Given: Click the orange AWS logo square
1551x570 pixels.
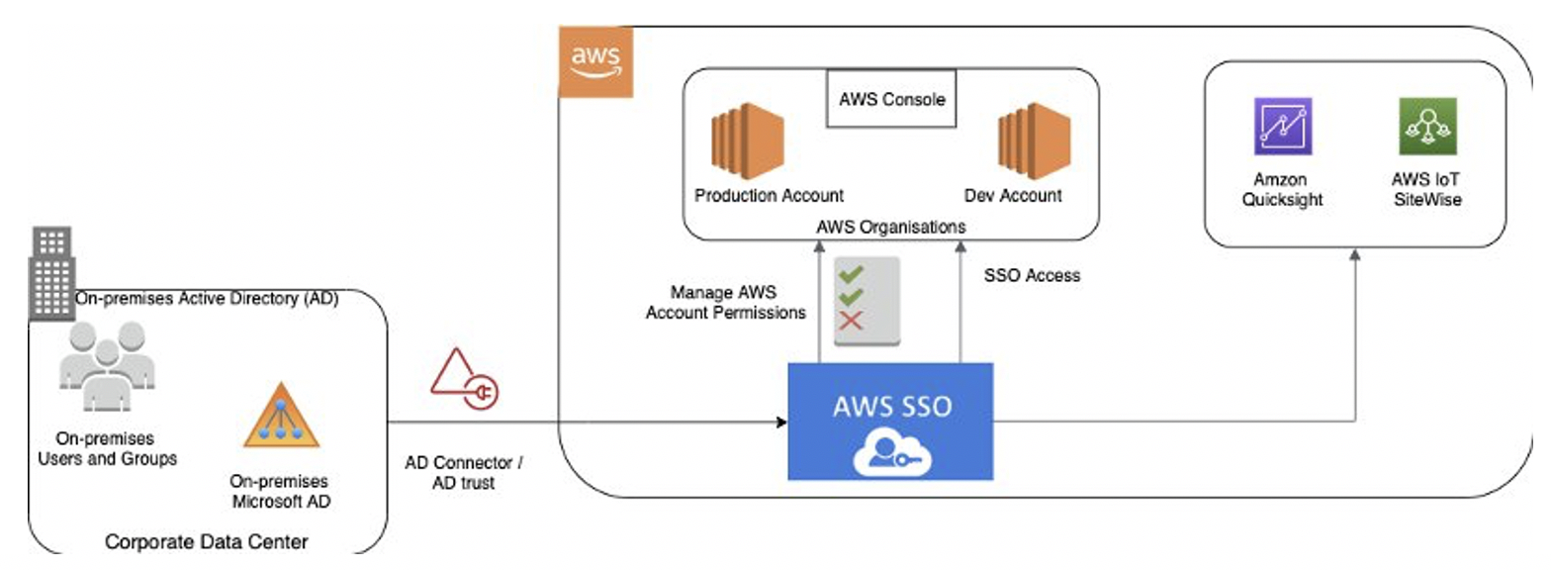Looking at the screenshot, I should click(x=595, y=61).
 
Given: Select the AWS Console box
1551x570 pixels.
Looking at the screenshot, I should click(x=892, y=100).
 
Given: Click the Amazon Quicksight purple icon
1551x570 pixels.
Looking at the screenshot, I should click(x=1282, y=127).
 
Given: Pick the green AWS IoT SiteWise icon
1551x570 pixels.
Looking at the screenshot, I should click(x=1424, y=127).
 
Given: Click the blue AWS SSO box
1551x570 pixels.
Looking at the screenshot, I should click(x=889, y=421).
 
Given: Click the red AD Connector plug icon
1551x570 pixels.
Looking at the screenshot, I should click(x=465, y=380).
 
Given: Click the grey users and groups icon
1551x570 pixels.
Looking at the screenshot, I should click(x=106, y=367).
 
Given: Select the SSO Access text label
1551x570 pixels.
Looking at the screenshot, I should click(x=1033, y=276).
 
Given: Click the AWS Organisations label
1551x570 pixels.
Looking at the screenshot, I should click(x=890, y=226).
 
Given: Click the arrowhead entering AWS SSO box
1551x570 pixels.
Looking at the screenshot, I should click(x=780, y=423).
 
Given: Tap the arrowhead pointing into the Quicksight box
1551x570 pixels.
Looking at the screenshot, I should click(x=1353, y=254).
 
